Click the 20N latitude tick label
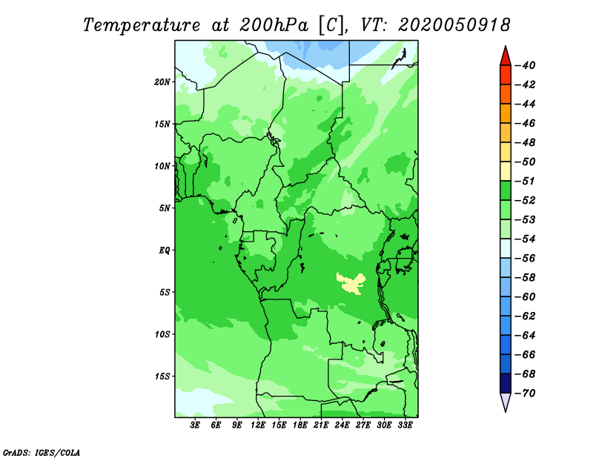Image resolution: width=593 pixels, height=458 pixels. pos(162,82)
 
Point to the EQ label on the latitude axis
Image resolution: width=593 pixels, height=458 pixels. pos(164,250)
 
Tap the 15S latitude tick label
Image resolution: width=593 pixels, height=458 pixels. pos(162,376)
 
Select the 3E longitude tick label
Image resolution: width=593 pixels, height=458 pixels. pos(195,425)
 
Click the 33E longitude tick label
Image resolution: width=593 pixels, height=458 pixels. pos(405,425)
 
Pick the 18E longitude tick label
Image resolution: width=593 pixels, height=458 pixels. pos(300,425)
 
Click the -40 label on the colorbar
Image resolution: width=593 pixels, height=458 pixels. pos(526,65)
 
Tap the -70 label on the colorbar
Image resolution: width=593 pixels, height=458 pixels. pos(526,394)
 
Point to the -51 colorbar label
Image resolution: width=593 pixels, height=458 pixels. pos(526,181)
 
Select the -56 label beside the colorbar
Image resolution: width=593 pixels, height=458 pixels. pos(526,259)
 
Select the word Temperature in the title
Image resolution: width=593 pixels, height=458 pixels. pos(142,25)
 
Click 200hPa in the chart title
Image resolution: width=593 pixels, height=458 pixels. pos(274,25)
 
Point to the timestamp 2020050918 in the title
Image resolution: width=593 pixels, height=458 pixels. pos(454,25)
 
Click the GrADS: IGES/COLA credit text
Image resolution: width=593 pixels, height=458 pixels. pos(42,452)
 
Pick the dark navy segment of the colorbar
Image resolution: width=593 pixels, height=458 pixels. pos(506,383)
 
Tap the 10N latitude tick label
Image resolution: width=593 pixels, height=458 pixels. pos(162,166)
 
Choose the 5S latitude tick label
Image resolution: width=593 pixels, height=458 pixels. pos(165,292)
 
